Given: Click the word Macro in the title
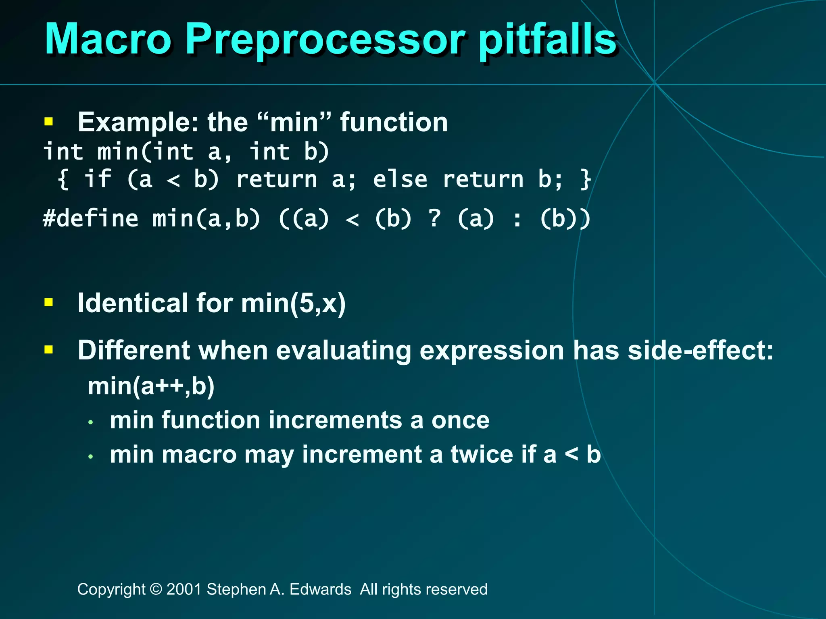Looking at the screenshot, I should tap(108, 39).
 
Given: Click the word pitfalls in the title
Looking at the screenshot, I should tap(547, 39).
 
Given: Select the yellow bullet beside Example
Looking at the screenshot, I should tap(49, 122).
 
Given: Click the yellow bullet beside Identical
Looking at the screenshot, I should tap(49, 302).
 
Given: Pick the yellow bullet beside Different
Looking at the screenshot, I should tap(49, 349).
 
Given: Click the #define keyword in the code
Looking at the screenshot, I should tap(90, 219).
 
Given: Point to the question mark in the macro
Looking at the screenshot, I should tap(434, 219).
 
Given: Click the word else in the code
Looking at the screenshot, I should tap(400, 179).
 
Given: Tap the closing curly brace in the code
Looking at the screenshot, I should tap(585, 179).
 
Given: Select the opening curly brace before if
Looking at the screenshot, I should tap(63, 179).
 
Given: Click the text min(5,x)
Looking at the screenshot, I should tap(293, 303).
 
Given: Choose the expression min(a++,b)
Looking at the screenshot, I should tap(151, 386).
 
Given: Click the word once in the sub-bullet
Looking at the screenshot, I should tap(460, 420).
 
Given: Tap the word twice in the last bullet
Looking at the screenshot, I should tap(482, 455).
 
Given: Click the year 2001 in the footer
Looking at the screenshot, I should tap(184, 589).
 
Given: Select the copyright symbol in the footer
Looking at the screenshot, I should tap(156, 589).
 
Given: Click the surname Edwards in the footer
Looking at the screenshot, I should tap(320, 589).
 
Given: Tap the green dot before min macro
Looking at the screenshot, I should tap(91, 457).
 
